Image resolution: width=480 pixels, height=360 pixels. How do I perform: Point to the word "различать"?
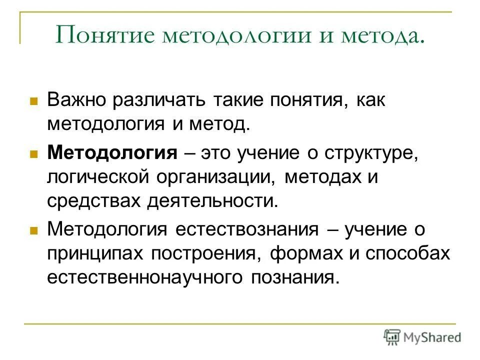[159, 100]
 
